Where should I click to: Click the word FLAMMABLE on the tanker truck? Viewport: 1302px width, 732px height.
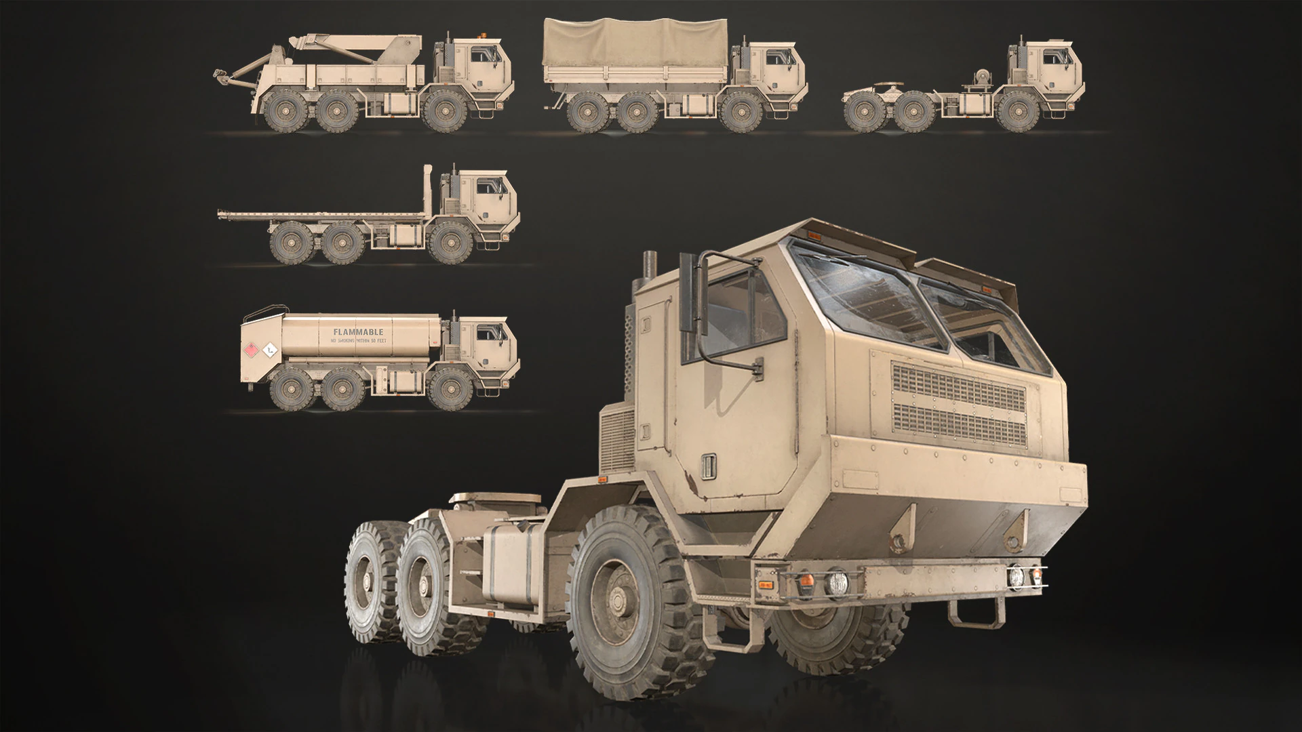pos(358,332)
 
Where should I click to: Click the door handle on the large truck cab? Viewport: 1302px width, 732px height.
pos(709,465)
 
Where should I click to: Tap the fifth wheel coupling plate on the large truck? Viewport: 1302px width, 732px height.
pos(495,500)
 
